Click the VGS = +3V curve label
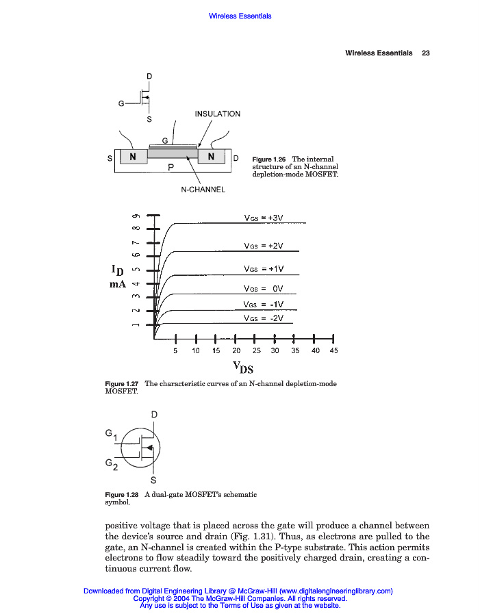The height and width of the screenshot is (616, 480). pyautogui.click(x=264, y=218)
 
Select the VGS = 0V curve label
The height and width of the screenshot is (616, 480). pyautogui.click(x=264, y=289)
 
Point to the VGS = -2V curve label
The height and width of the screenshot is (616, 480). pyautogui.click(x=264, y=318)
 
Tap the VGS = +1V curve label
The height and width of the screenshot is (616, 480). pyautogui.click(x=264, y=269)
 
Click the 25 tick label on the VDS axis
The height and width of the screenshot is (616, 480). pyautogui.click(x=255, y=350)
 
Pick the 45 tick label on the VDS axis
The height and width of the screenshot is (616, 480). pyautogui.click(x=333, y=350)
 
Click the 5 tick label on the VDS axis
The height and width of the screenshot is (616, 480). pyautogui.click(x=175, y=350)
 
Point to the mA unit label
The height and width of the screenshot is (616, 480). pyautogui.click(x=117, y=283)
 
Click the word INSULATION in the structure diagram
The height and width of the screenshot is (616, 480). pyautogui.click(x=217, y=114)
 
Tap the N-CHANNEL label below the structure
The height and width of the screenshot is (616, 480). pyautogui.click(x=203, y=190)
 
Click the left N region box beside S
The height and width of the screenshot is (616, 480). pyautogui.click(x=133, y=157)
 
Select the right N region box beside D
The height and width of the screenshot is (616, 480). pyautogui.click(x=212, y=157)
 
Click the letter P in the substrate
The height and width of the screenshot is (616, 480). pyautogui.click(x=170, y=166)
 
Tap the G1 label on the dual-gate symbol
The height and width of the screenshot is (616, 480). pyautogui.click(x=111, y=435)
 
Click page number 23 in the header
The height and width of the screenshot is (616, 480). pyautogui.click(x=425, y=53)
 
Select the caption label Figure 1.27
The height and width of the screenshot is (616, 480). pyautogui.click(x=122, y=384)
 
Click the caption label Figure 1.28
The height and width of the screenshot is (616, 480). pyautogui.click(x=122, y=495)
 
